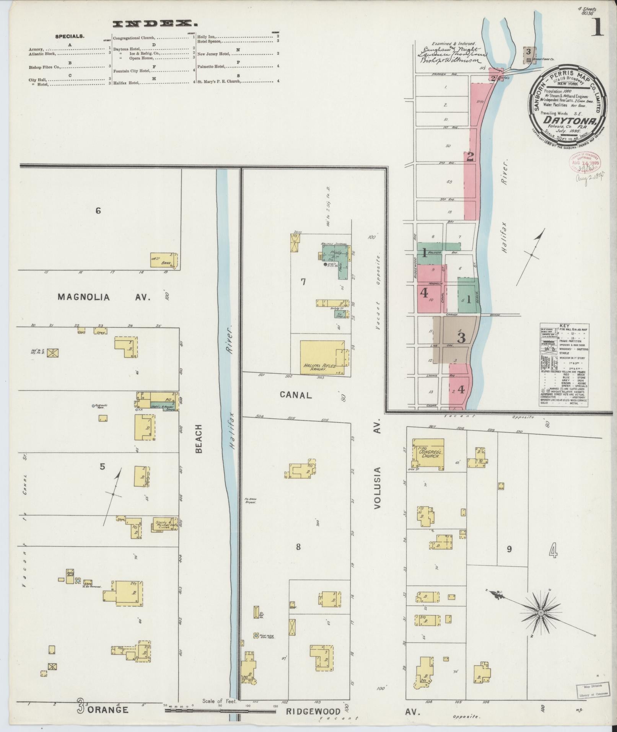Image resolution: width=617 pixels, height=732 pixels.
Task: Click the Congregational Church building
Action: click(x=428, y=454)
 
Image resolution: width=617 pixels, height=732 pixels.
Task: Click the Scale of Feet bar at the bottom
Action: click(x=220, y=711)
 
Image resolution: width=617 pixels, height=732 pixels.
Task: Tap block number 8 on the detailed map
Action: click(x=298, y=548)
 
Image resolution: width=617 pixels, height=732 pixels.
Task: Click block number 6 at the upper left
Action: click(x=98, y=210)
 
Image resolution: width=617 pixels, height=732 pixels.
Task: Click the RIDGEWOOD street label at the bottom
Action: click(x=313, y=712)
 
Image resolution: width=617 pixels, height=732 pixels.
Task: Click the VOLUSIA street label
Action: click(x=378, y=487)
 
